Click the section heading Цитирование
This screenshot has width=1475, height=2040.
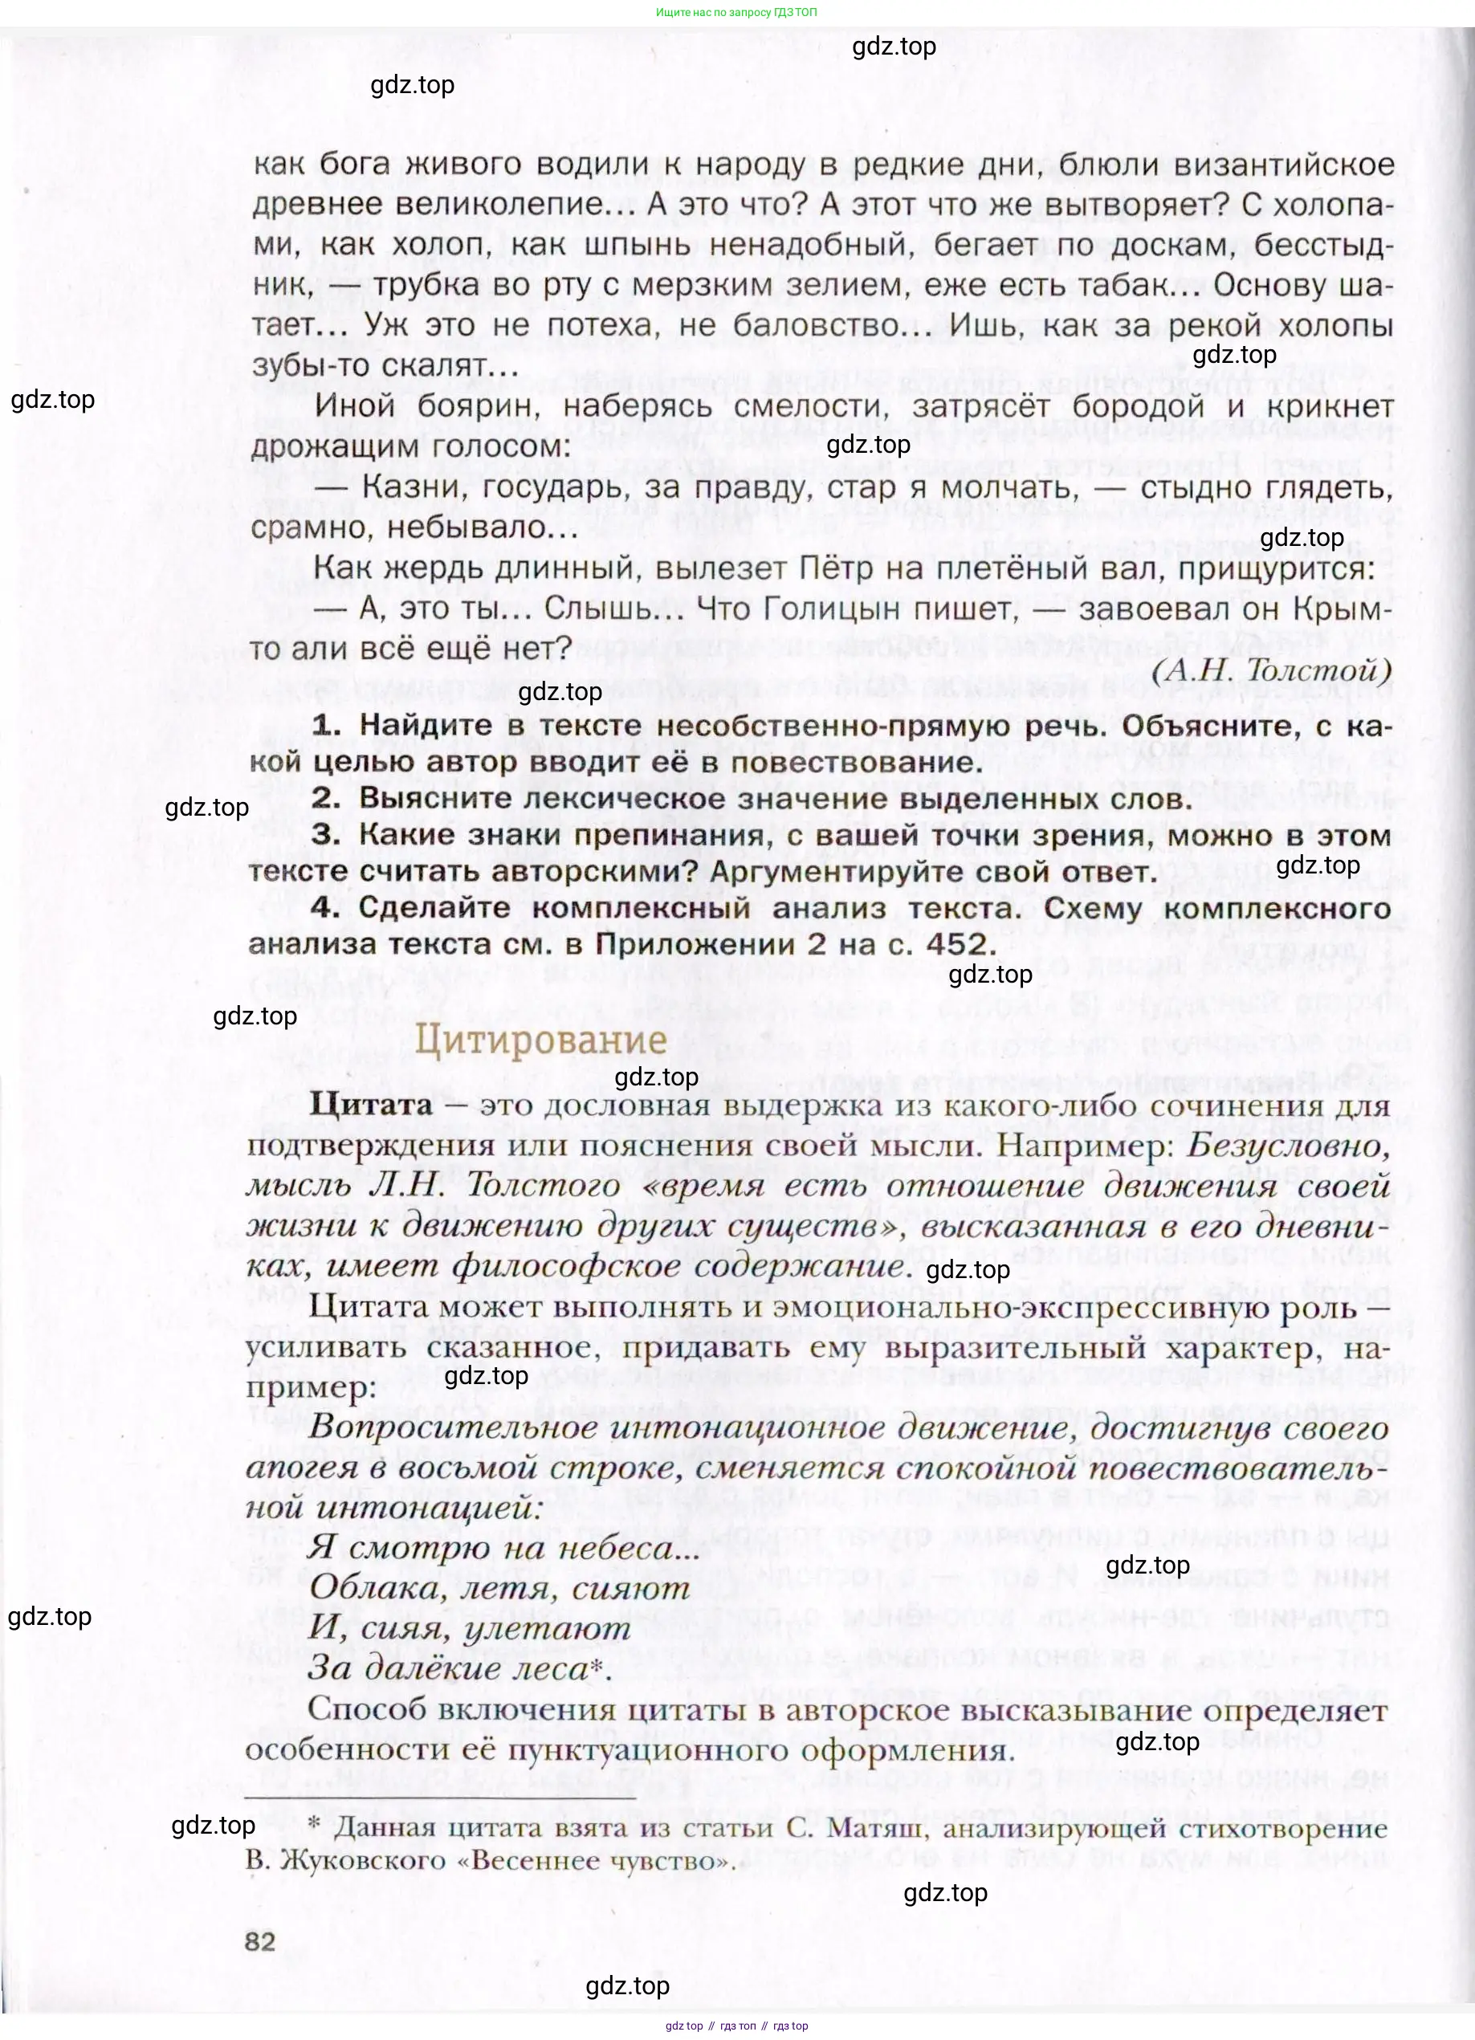pos(540,1040)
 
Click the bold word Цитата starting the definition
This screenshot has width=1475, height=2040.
pos(370,1105)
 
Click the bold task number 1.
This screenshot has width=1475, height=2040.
pos(325,725)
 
